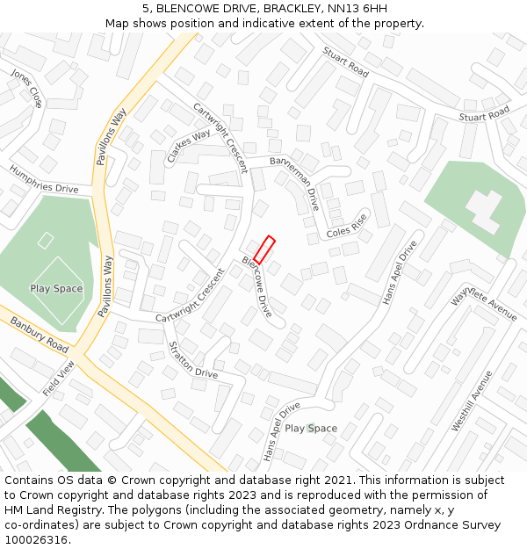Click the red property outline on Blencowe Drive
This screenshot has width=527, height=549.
click(x=264, y=249)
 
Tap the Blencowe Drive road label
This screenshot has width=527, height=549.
click(x=257, y=286)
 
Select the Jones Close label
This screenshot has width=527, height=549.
click(x=25, y=89)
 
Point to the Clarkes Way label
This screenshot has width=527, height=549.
click(x=188, y=146)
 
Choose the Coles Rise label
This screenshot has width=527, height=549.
click(x=346, y=228)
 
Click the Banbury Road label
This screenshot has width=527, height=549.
click(x=39, y=333)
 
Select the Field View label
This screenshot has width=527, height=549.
click(x=59, y=378)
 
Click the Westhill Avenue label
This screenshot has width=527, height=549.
click(x=473, y=401)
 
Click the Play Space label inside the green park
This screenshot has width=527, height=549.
click(x=56, y=289)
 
